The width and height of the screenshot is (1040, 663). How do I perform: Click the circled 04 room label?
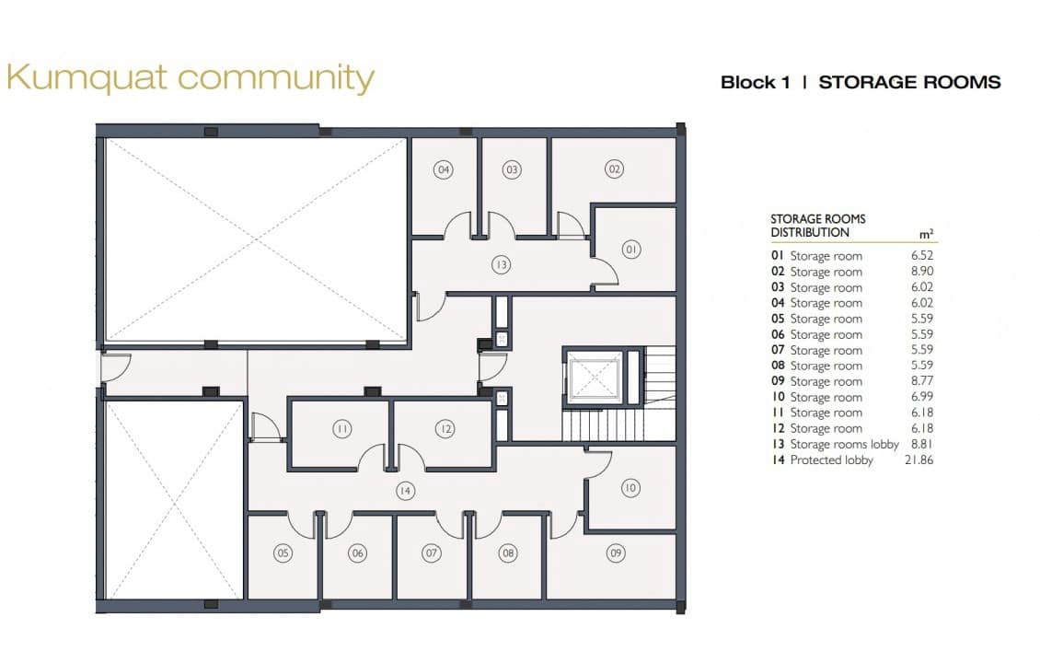444,169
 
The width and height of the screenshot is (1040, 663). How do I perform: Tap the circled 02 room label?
614,169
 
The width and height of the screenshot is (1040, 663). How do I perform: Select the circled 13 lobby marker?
501,265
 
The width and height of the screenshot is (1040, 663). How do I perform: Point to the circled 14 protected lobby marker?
405,491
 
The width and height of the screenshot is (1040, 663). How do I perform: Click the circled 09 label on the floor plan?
616,552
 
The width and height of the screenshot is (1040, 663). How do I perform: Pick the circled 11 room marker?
341,428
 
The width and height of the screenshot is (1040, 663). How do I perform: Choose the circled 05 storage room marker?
283,553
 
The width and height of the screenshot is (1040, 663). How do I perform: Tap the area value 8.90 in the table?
921,272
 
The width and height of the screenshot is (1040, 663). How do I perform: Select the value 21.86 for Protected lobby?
918,459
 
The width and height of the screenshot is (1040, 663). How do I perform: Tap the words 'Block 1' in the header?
755,83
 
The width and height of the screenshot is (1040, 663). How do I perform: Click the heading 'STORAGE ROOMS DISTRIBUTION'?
817,226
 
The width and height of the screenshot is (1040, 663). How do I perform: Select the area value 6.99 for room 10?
921,397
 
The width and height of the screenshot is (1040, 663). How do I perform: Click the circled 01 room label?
630,250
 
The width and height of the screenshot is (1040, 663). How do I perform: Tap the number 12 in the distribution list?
778,428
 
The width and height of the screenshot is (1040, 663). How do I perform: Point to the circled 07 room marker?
432,552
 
